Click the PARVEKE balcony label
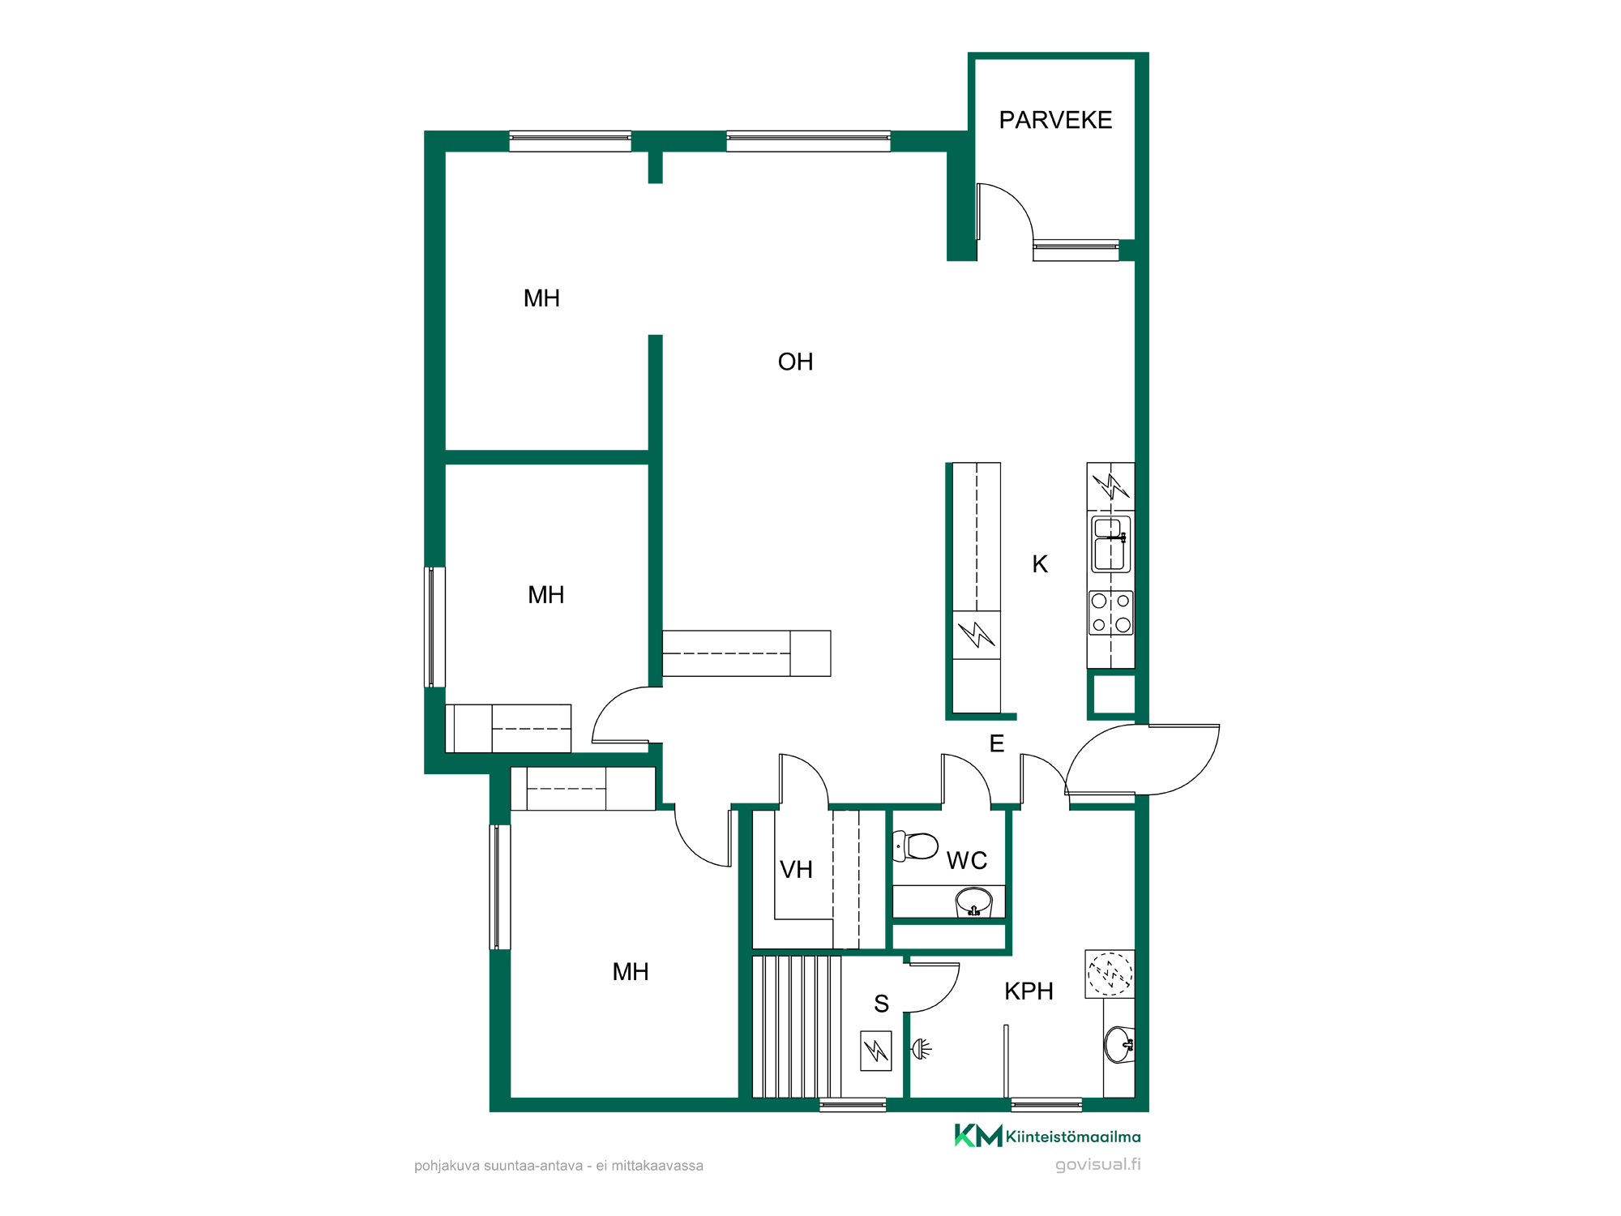pos(1055,120)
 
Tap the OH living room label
pos(795,362)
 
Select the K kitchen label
pos(1040,564)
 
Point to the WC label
pos(967,860)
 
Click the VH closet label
pos(796,870)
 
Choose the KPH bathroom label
pos(1029,991)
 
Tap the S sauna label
pos(882,1004)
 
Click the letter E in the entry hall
pos(997,743)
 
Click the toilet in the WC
pos(916,846)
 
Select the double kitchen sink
pos(1110,544)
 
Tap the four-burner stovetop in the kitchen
pos(1110,613)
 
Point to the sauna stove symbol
pos(876,1051)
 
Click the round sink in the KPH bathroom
pos(1119,1044)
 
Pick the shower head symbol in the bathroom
pos(922,1049)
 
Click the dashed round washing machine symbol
pos(1110,974)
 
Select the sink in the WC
pos(973,901)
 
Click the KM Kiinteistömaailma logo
pos(1047,1136)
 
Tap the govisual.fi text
pos(1097,1164)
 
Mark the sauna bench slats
pos(797,1026)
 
